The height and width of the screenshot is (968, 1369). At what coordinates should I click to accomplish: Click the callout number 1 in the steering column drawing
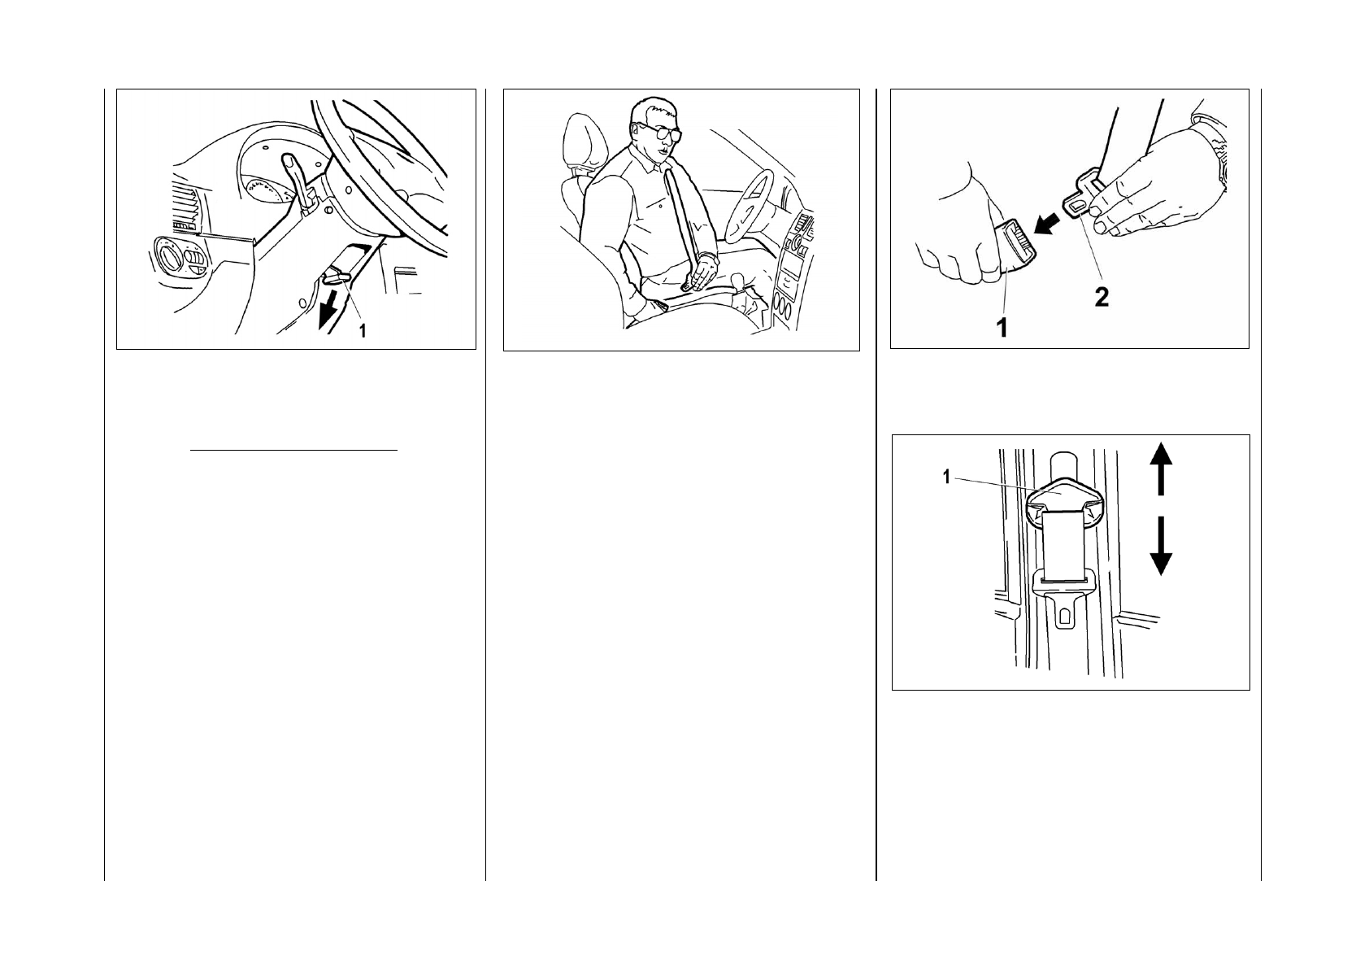click(x=363, y=331)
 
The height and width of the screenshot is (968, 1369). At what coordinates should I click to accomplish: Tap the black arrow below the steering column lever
click(x=328, y=310)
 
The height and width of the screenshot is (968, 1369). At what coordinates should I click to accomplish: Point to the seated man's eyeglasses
click(x=661, y=132)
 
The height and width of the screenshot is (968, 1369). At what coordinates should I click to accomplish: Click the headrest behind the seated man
click(x=584, y=142)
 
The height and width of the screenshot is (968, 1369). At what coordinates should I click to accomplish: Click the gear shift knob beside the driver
click(x=739, y=281)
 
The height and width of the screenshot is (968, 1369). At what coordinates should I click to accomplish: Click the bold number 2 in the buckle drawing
click(x=1102, y=298)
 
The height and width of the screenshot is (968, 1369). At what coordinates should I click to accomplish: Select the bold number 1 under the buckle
click(x=1002, y=328)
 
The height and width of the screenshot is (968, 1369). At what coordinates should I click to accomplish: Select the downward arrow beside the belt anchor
click(x=1161, y=546)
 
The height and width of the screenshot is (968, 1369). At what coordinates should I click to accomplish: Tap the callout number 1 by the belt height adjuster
click(x=947, y=477)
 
